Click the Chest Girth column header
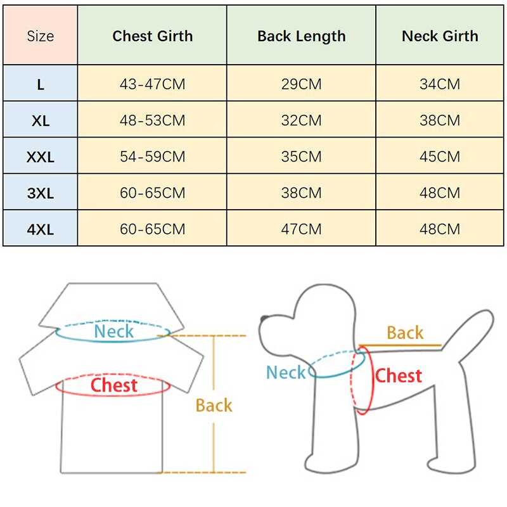point(152,36)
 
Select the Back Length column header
point(302,36)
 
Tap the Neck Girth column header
point(440,36)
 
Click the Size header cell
point(41,36)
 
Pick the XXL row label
point(41,157)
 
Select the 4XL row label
point(41,229)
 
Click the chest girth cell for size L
point(152,84)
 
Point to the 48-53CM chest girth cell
point(152,120)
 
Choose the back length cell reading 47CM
point(302,229)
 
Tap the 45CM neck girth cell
point(440,157)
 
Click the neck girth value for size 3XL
point(440,193)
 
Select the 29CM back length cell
point(302,84)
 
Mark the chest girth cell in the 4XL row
point(152,229)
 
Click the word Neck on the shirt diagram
point(114,331)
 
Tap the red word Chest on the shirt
point(114,385)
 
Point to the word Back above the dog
point(405,333)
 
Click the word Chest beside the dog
point(399,376)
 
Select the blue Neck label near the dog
point(286,373)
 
